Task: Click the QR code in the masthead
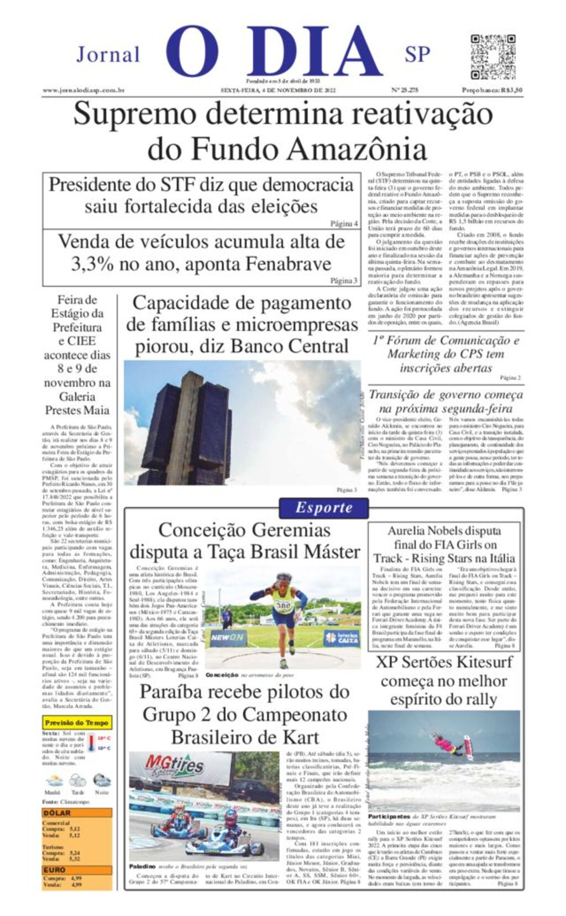[x=492, y=58]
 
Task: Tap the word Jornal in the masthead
[x=108, y=55]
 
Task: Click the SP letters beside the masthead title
[x=417, y=55]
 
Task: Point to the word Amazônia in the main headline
[x=357, y=149]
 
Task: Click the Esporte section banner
[x=323, y=508]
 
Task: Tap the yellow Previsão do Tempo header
[x=77, y=722]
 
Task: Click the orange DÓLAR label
[x=57, y=813]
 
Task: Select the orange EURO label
[x=55, y=870]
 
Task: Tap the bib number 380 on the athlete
[x=282, y=606]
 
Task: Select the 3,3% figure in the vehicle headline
[x=92, y=264]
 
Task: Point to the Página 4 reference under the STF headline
[x=344, y=223]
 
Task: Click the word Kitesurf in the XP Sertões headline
[x=479, y=662]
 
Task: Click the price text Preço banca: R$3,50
[x=492, y=90]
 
